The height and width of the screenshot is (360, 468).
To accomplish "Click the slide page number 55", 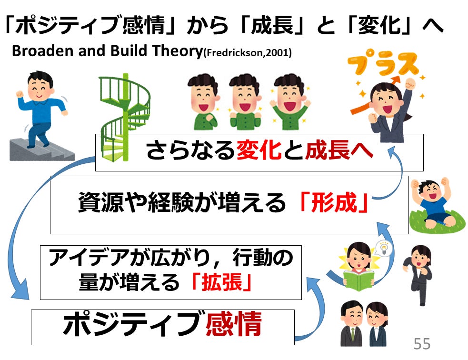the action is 422,343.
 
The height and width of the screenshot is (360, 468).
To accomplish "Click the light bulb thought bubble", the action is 382,247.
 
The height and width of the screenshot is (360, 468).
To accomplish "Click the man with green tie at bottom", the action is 352,324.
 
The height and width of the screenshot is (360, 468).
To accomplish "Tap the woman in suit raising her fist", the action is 390,110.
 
